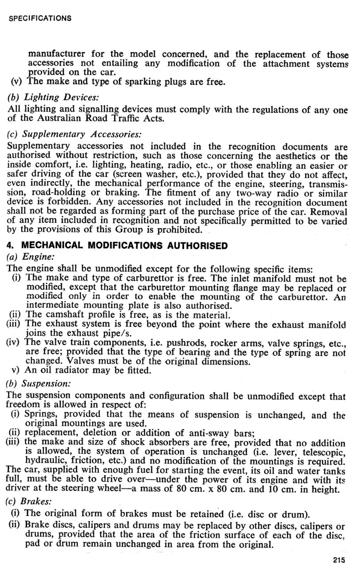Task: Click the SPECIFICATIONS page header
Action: pyautogui.click(x=39, y=18)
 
